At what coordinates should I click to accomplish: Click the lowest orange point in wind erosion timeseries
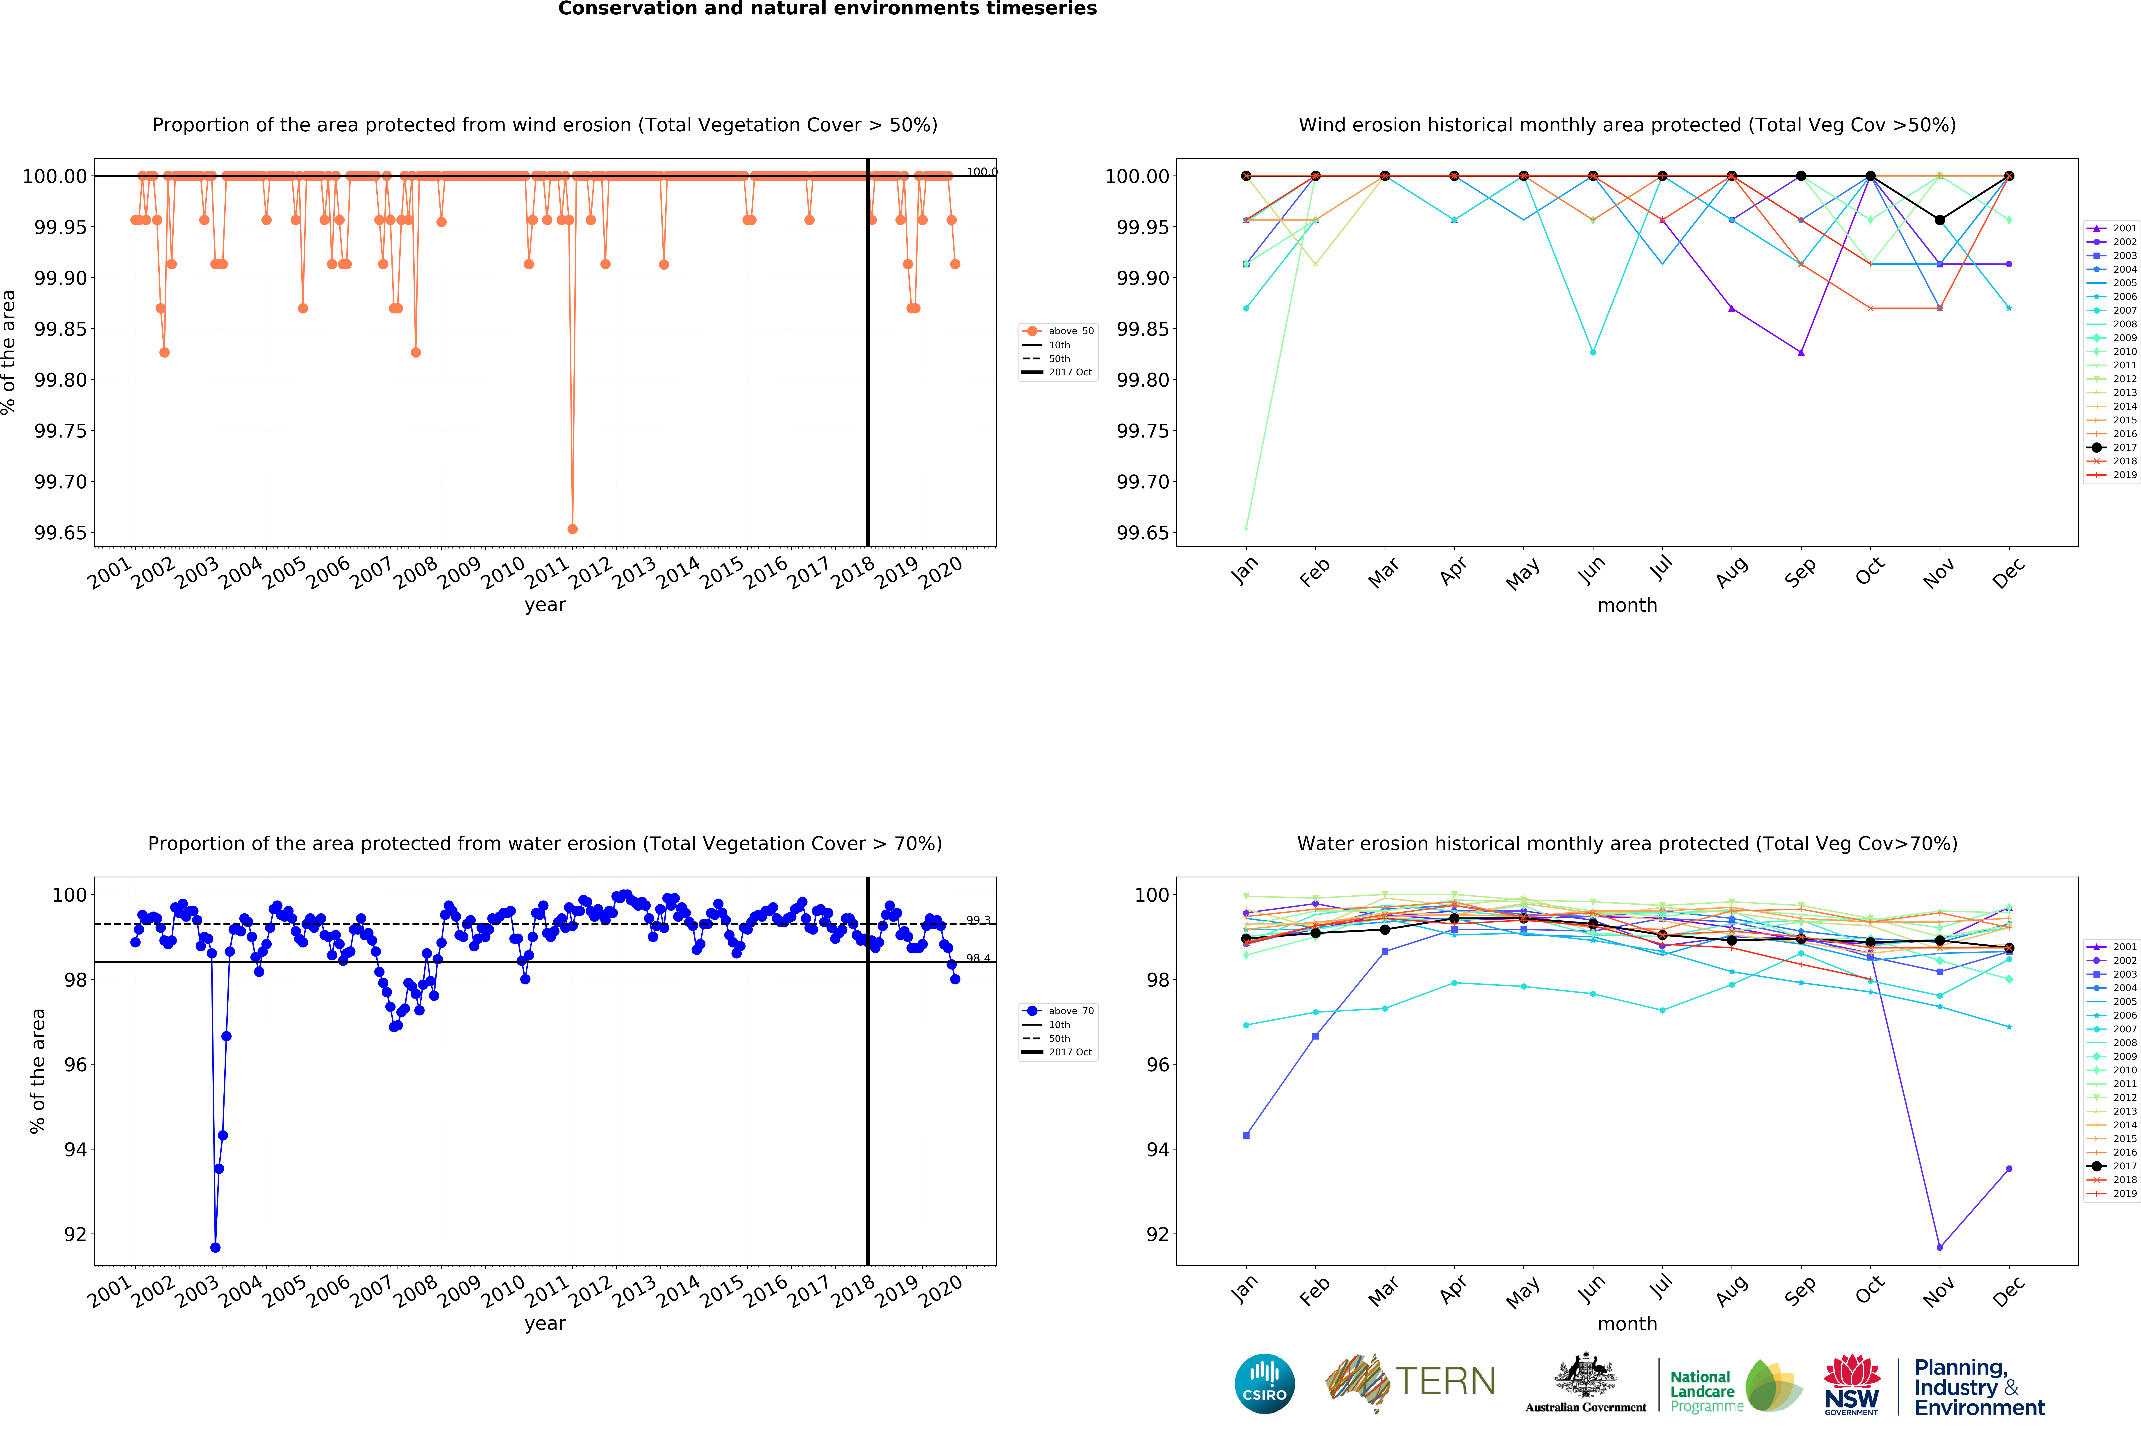[572, 529]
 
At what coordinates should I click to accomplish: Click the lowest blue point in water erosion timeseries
[215, 1247]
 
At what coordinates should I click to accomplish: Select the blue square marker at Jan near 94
[1246, 1135]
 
